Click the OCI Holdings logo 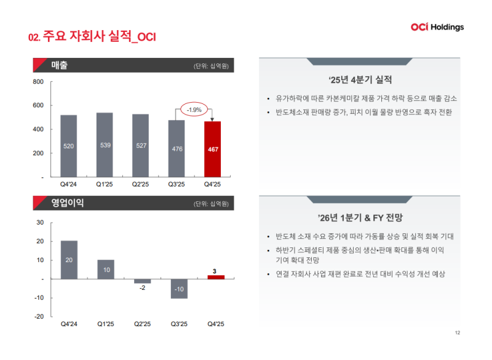click(x=437, y=27)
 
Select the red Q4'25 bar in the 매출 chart click(x=212, y=149)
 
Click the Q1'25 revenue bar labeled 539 click(x=105, y=145)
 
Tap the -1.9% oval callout click(x=194, y=110)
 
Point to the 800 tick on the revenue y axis click(x=38, y=82)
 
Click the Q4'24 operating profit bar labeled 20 click(x=69, y=260)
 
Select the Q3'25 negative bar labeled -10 click(x=179, y=289)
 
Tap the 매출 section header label click(x=60, y=65)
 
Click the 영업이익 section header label click(x=67, y=203)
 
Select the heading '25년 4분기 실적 click(x=360, y=80)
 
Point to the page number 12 click(x=457, y=333)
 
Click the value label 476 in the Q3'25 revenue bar click(x=177, y=149)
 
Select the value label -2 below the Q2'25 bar click(x=142, y=289)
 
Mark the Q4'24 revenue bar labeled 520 click(x=69, y=146)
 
